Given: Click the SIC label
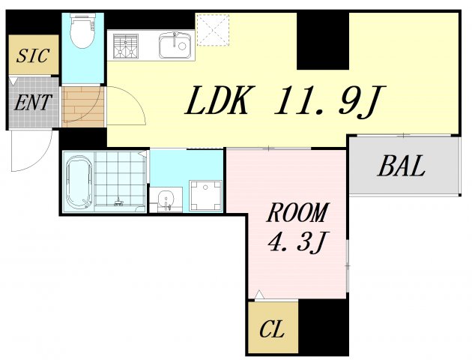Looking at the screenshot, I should [33, 56].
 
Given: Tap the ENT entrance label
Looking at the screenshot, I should [33, 102].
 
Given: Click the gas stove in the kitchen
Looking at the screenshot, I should [126, 46].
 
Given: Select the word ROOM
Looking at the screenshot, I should [297, 214].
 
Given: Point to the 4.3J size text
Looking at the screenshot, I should [297, 242].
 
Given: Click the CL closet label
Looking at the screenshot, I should [272, 328].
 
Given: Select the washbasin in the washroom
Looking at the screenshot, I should [167, 199].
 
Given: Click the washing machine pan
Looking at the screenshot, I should [204, 195].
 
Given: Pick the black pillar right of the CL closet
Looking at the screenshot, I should [323, 327].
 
